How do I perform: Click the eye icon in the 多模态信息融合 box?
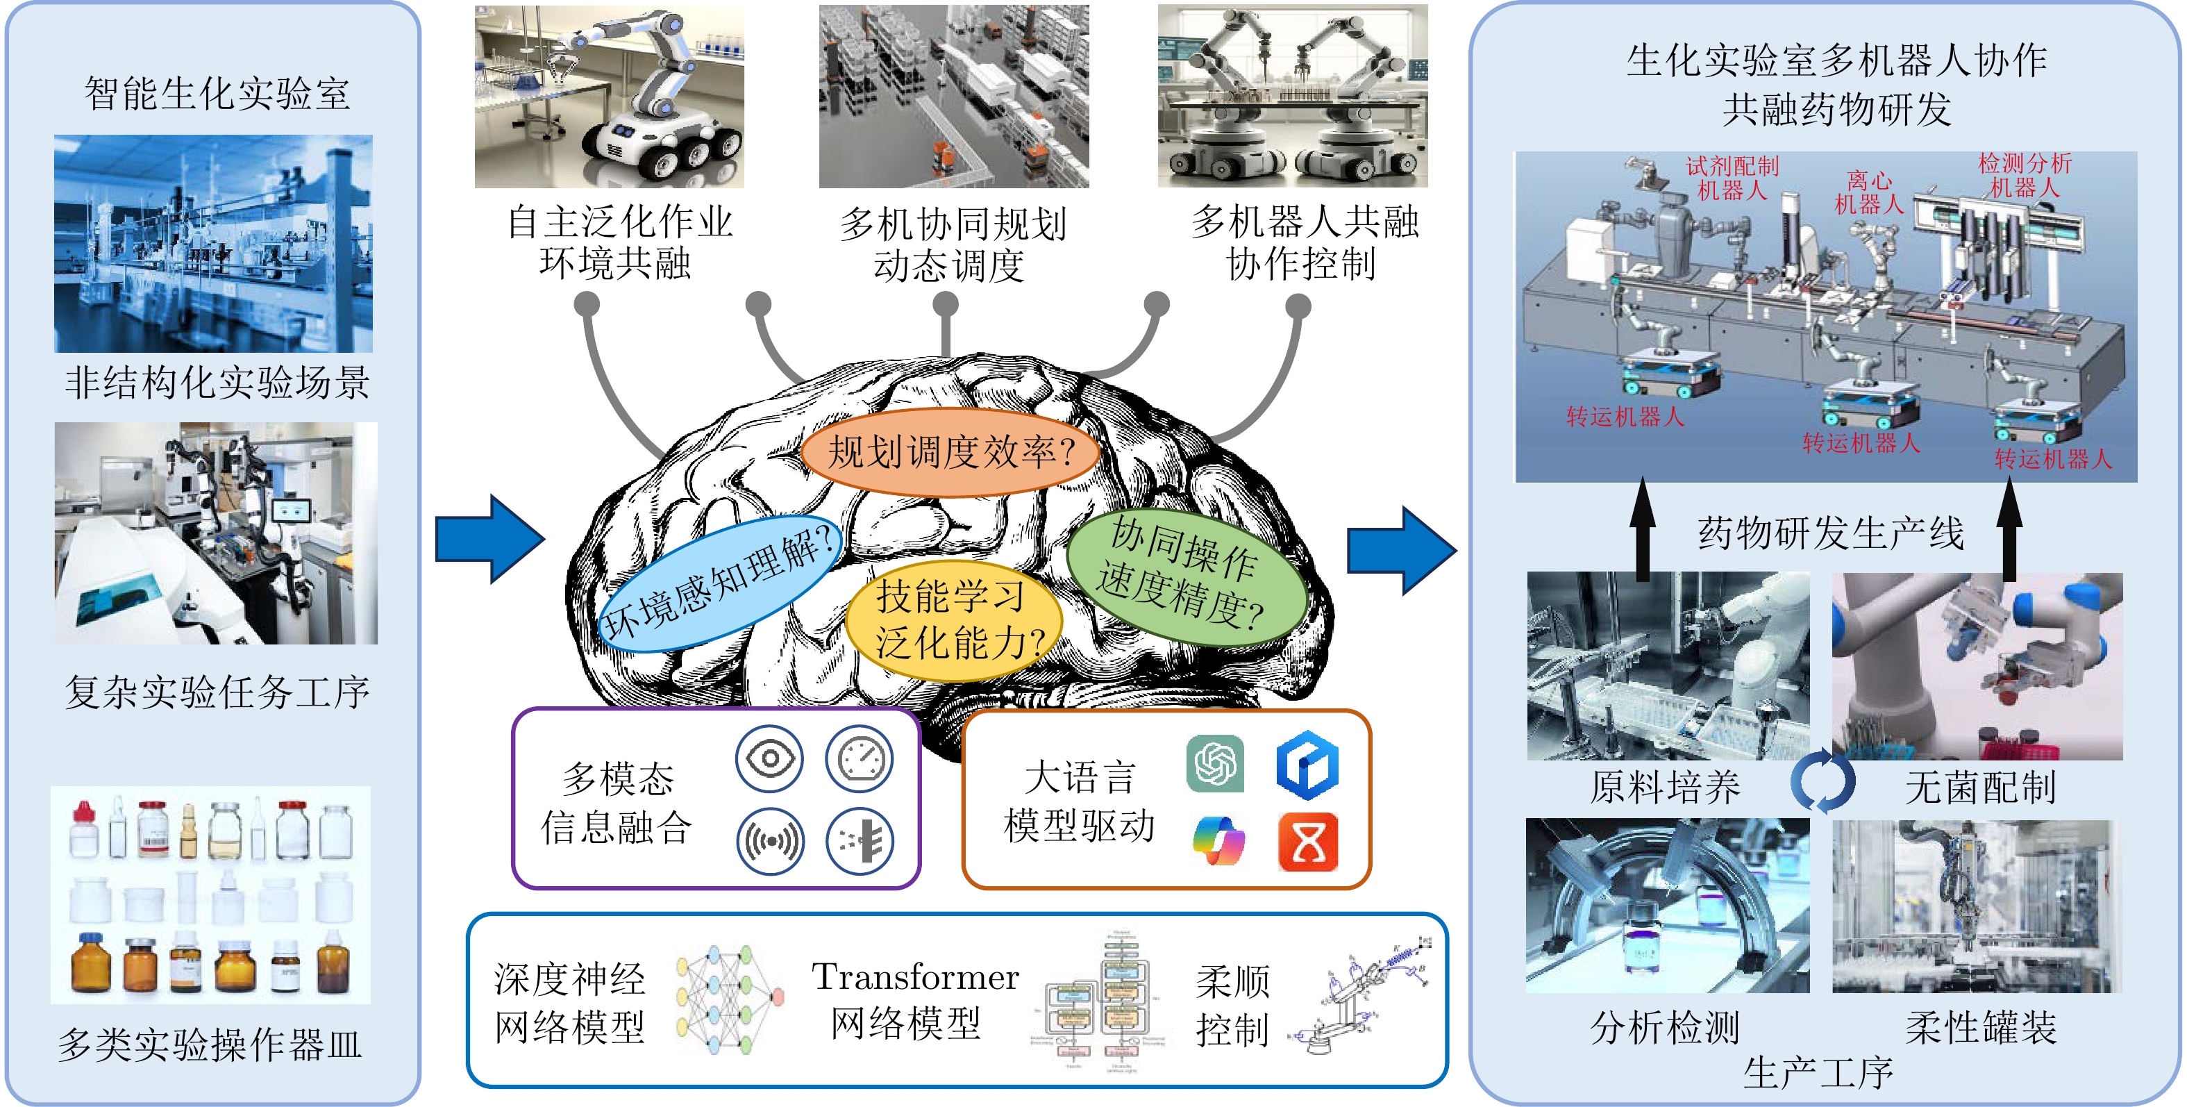[x=769, y=758]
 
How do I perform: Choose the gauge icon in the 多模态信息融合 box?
[x=860, y=758]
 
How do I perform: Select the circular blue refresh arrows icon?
[x=1822, y=781]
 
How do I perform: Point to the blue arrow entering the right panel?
[x=1402, y=550]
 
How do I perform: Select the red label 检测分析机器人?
[x=2025, y=175]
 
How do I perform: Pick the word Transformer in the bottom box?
[x=915, y=977]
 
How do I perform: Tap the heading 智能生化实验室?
[x=217, y=93]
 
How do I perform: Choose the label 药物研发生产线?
[x=1830, y=533]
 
